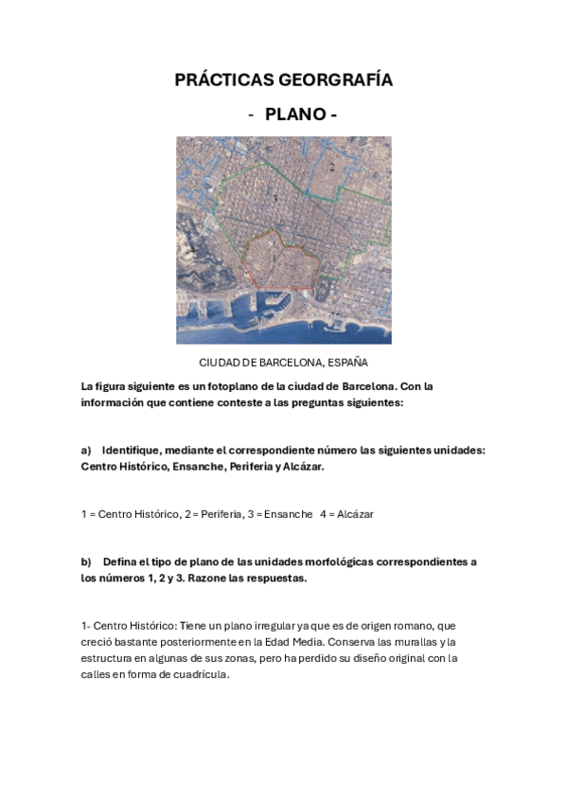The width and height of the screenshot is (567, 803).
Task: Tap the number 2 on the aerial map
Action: [x=332, y=166]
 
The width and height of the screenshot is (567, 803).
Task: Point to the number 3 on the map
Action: [x=274, y=198]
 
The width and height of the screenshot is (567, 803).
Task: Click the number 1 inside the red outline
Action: [x=274, y=256]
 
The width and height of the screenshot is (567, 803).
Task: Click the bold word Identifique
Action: [x=133, y=451]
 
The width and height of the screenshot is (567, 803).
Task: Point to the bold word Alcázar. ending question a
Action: [x=304, y=467]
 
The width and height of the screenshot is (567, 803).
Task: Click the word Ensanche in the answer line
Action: [x=290, y=514]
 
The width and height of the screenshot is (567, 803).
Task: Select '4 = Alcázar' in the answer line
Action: [x=346, y=514]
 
